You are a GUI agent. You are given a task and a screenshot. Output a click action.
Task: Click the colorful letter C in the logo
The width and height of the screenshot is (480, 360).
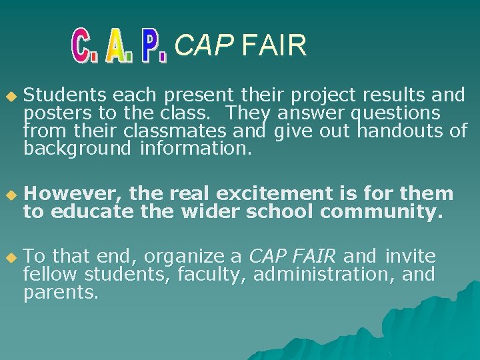click(83, 45)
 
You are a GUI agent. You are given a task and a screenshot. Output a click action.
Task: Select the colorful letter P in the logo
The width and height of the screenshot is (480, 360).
click(154, 47)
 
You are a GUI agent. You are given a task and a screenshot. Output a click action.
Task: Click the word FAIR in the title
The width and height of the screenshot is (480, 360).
click(274, 46)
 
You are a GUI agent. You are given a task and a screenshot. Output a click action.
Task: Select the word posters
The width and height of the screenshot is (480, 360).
click(55, 113)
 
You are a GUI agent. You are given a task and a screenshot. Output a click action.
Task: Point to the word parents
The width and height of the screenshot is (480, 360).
click(60, 292)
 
